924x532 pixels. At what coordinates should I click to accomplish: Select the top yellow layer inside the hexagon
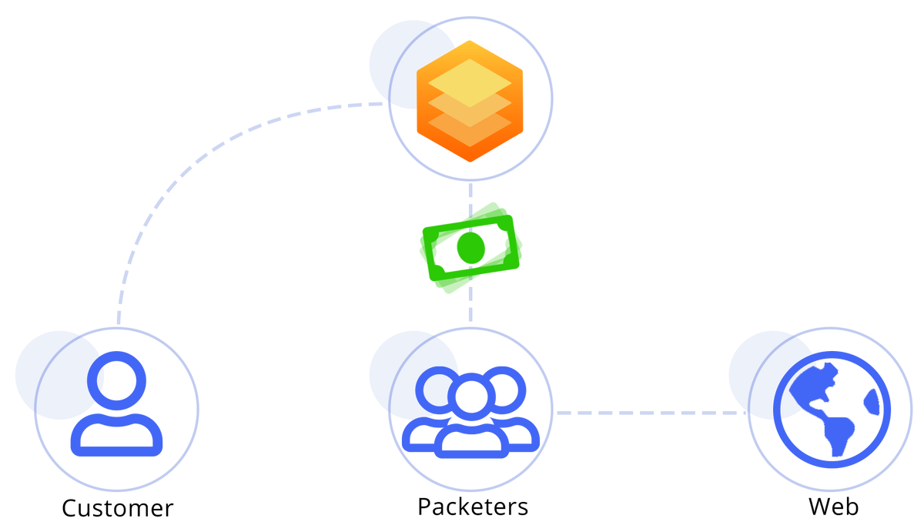tap(469, 82)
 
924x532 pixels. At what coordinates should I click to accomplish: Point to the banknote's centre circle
tap(469, 247)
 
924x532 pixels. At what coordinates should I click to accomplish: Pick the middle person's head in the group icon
tap(470, 396)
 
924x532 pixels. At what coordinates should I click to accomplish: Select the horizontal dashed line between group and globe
tap(647, 413)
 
